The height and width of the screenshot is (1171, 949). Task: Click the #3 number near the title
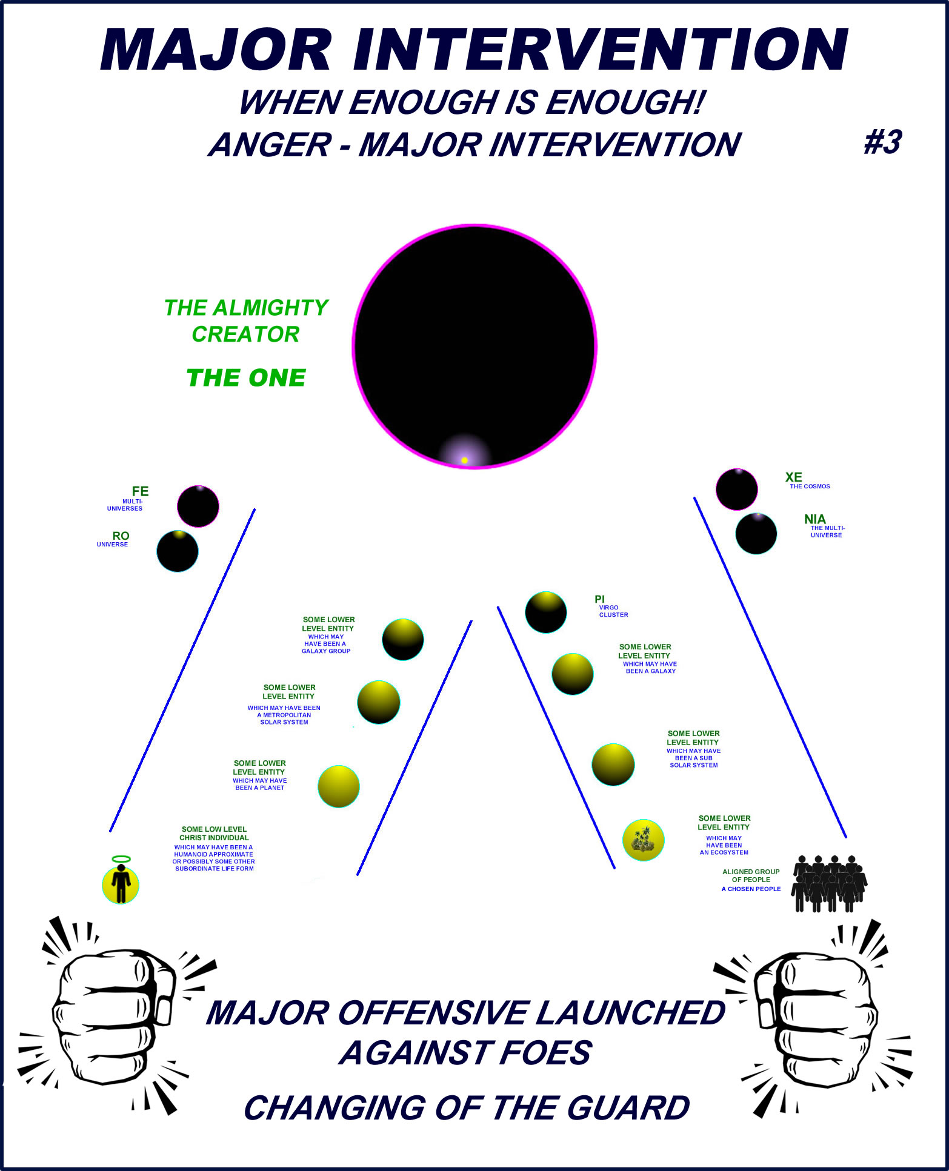click(882, 143)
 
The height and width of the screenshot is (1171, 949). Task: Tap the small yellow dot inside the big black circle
click(464, 460)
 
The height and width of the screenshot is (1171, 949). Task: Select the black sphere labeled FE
click(198, 506)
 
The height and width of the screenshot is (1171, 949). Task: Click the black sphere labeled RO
click(178, 551)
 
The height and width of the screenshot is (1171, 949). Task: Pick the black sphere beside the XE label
click(737, 489)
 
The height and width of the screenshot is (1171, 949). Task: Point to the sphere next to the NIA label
click(756, 534)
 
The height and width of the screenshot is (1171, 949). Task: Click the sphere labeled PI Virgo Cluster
click(546, 612)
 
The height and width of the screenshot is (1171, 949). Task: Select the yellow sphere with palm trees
click(644, 840)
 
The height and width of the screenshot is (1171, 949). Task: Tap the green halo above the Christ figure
click(121, 859)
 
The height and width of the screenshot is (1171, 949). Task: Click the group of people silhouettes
click(830, 884)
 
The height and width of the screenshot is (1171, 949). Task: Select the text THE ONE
click(246, 378)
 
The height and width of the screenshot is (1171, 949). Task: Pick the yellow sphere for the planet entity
click(339, 786)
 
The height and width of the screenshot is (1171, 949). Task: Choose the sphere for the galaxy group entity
click(403, 639)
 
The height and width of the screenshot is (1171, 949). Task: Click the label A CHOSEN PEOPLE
click(751, 889)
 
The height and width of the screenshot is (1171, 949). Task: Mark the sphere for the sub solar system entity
click(613, 765)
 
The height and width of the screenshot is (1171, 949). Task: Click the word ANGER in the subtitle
click(270, 145)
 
